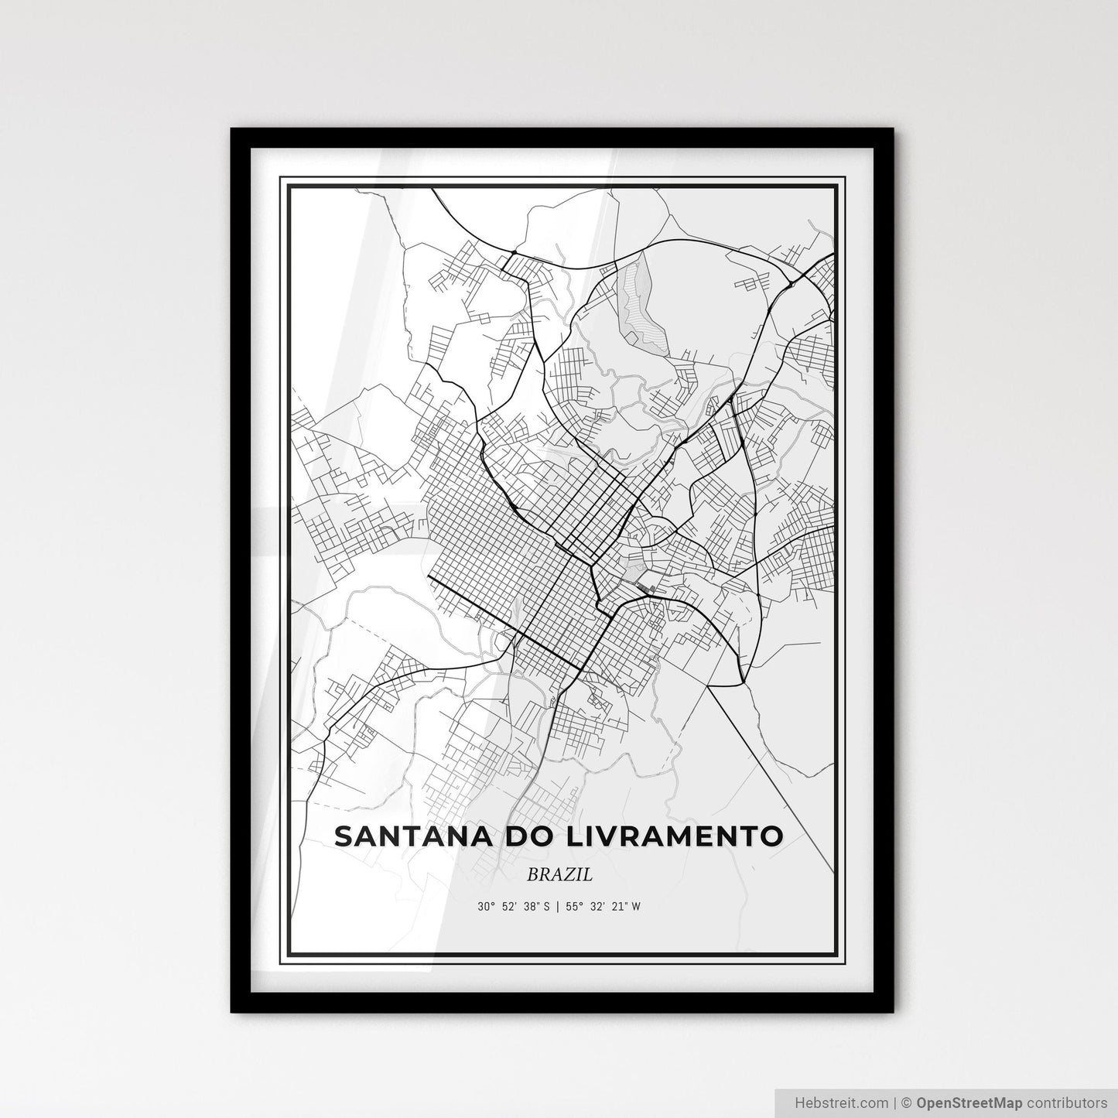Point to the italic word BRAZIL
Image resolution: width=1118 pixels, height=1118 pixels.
tap(559, 875)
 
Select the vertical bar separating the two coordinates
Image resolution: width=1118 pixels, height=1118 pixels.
tap(558, 906)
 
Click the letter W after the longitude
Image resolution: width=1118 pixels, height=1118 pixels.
tap(636, 906)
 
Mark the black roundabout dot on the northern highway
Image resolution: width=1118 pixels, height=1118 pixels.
tap(513, 251)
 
